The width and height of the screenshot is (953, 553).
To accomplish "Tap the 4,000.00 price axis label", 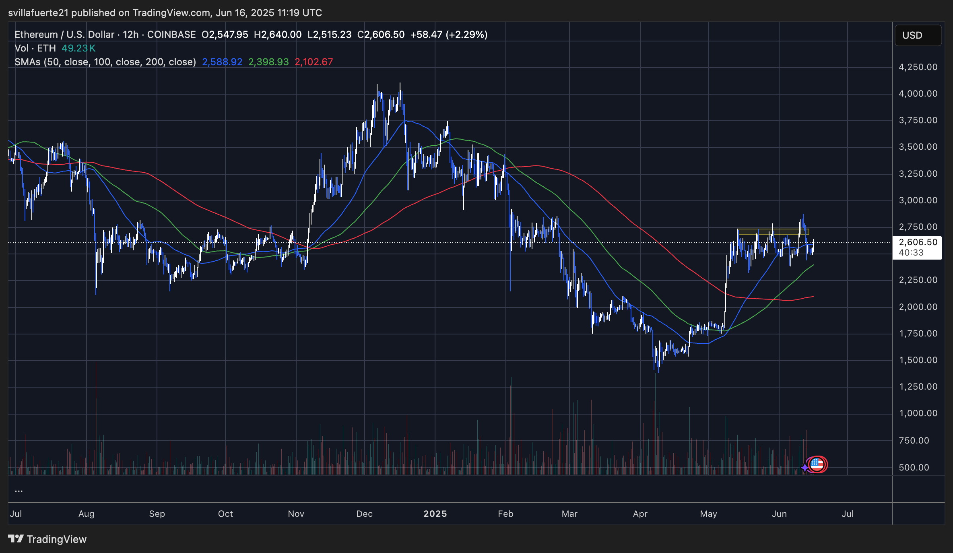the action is (918, 93).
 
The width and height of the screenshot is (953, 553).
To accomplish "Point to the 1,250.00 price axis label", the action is (918, 386).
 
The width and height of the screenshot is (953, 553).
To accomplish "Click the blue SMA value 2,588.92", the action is (222, 62).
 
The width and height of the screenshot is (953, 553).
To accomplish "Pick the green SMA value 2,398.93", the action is (268, 62).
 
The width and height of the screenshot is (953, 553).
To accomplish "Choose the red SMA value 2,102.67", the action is (314, 62).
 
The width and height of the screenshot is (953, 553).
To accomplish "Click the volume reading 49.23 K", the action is (78, 48).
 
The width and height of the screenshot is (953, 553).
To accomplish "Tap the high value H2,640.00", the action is (278, 35).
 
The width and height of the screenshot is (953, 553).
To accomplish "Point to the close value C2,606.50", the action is (381, 35).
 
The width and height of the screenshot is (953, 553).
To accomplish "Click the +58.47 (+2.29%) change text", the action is (449, 35).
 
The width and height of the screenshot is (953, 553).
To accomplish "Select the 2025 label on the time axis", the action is (435, 514).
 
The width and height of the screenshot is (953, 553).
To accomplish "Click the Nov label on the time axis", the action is (296, 514).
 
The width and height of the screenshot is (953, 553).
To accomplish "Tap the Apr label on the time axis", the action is (640, 514).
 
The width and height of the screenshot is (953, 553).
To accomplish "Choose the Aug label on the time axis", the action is (87, 514).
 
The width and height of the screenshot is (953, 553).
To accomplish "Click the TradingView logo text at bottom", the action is (47, 539).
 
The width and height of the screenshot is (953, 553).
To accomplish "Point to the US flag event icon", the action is (817, 464).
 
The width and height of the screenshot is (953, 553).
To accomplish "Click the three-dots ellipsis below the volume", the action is (19, 491).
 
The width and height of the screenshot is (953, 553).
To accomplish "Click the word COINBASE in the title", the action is (171, 35).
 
